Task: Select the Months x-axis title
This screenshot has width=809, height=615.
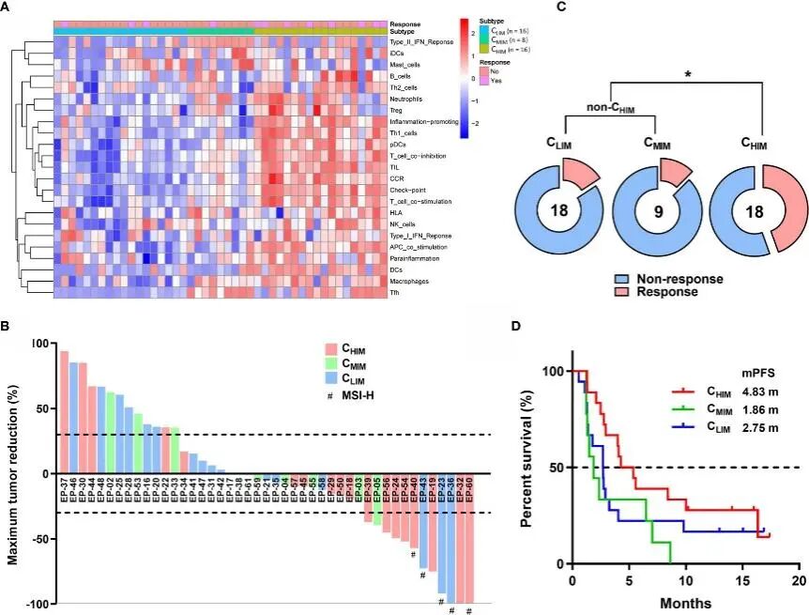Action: click(x=684, y=602)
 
